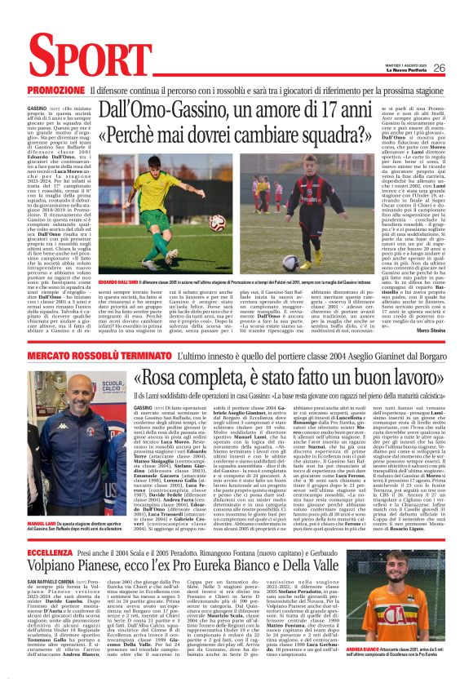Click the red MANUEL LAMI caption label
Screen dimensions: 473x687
point(42,500)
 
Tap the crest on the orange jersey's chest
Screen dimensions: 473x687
point(425,612)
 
